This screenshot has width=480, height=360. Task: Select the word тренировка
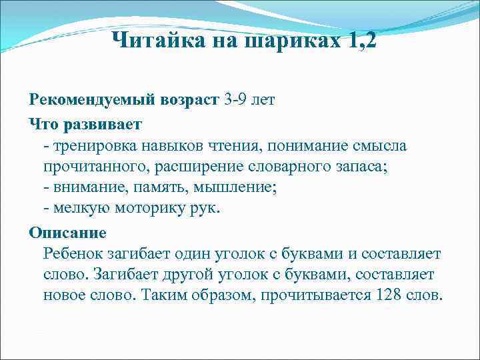(94, 145)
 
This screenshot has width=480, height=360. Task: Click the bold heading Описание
(67, 233)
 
